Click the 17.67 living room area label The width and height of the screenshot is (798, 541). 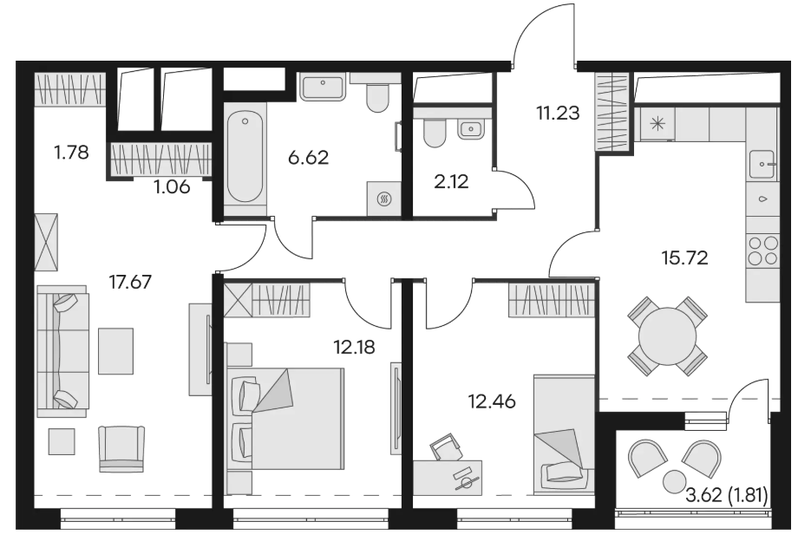131,281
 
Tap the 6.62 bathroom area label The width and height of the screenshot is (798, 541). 309,158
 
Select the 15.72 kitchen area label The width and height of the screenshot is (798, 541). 684,257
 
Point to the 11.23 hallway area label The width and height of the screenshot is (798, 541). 558,113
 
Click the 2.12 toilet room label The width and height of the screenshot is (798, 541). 451,181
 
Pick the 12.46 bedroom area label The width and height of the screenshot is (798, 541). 492,401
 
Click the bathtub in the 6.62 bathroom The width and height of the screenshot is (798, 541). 245,159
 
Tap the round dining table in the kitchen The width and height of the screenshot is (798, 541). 667,336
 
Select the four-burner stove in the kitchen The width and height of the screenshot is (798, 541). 763,251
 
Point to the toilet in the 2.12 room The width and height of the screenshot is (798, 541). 435,133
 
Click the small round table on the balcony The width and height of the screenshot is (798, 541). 675,479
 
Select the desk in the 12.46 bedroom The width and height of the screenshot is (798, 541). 448,478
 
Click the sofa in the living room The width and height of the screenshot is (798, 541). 62,351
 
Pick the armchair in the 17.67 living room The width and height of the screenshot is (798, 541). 121,448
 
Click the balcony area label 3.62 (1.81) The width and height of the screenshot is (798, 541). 727,495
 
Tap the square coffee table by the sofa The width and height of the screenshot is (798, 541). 116,351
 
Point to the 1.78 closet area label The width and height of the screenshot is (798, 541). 72,152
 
